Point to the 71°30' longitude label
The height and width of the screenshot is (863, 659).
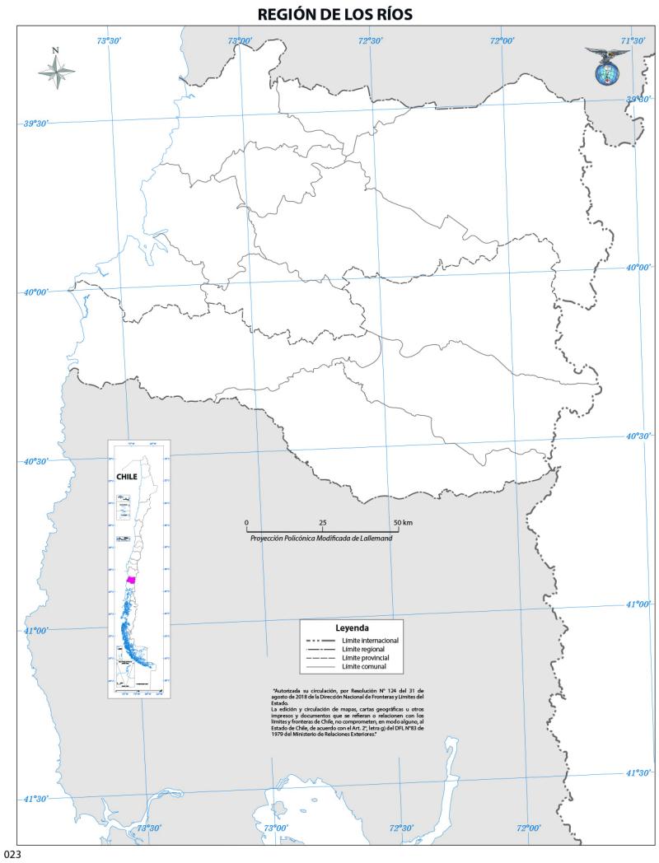point(632,41)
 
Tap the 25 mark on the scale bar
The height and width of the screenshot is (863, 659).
point(322,524)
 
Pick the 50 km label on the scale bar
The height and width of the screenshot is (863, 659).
point(403,524)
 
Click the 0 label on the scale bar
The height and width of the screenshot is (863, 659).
point(246,524)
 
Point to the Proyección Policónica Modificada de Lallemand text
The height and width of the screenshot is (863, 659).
point(322,538)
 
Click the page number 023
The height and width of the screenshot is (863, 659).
point(11,855)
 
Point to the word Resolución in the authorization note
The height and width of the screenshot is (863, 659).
point(356,689)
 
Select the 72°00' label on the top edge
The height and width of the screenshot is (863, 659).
point(502,41)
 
